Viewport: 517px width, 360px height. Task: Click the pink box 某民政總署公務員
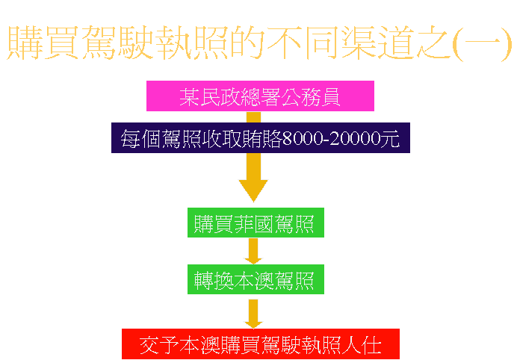click(259, 96)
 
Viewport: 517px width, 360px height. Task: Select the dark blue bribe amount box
click(260, 138)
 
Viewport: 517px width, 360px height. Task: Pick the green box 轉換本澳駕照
click(255, 280)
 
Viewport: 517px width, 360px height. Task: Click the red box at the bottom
click(261, 344)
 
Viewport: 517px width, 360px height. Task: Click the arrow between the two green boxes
click(253, 251)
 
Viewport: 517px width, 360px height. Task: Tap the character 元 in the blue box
click(390, 139)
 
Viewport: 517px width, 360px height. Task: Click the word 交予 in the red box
click(159, 345)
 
